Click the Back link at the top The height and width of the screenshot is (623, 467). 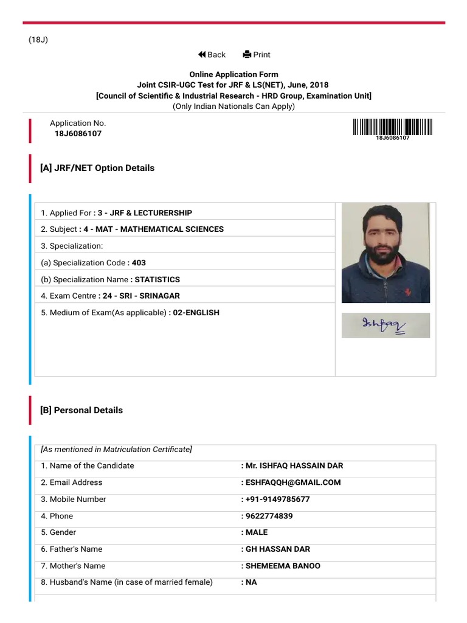click(212, 55)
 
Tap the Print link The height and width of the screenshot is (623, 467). click(257, 55)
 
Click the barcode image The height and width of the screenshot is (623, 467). click(392, 127)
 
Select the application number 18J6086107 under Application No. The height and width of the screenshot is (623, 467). click(78, 134)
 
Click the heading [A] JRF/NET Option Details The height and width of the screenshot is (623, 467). click(97, 168)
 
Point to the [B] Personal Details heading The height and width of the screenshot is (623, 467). click(81, 410)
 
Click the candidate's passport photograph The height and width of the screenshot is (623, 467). click(386, 252)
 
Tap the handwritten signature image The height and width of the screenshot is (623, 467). click(386, 325)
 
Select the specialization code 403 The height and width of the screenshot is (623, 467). click(139, 263)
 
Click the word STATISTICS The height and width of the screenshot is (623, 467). click(157, 279)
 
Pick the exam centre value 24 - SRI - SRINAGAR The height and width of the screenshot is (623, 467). click(139, 296)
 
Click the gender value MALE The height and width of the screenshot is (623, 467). click(257, 532)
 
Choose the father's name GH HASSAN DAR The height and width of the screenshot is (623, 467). click(278, 549)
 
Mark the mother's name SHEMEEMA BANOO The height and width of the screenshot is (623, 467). click(283, 566)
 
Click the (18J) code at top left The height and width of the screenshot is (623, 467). click(38, 40)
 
